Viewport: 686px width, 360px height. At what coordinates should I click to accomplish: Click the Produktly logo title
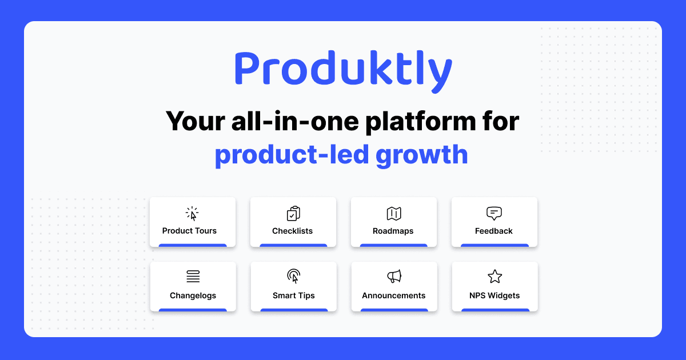[343, 70]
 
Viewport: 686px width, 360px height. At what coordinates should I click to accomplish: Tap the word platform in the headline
[402, 121]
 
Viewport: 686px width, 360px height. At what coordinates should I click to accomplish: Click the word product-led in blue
[291, 154]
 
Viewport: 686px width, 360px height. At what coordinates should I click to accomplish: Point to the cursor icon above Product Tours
[193, 214]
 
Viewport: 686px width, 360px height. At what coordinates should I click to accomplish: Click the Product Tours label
[189, 231]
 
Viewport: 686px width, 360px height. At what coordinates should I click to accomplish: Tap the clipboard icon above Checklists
[293, 214]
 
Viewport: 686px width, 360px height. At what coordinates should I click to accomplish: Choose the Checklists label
[292, 231]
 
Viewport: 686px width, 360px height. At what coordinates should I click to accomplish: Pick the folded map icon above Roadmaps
[394, 214]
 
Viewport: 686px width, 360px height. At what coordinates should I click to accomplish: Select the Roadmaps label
[393, 231]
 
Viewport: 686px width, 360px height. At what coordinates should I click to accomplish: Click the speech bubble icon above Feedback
[494, 214]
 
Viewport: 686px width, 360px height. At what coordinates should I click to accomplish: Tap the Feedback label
[494, 231]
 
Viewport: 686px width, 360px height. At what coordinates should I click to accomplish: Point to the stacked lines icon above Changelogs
[193, 277]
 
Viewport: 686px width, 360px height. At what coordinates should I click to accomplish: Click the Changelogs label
[193, 295]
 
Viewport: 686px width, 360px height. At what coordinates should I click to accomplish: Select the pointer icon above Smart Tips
[294, 277]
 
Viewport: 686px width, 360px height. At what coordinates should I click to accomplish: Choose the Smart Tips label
[293, 295]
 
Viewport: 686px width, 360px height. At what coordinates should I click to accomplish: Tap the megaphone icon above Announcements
[394, 277]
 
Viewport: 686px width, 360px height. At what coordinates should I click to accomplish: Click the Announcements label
[394, 295]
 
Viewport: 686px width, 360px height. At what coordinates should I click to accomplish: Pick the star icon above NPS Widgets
[494, 277]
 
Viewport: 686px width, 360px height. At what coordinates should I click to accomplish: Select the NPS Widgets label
[494, 295]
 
